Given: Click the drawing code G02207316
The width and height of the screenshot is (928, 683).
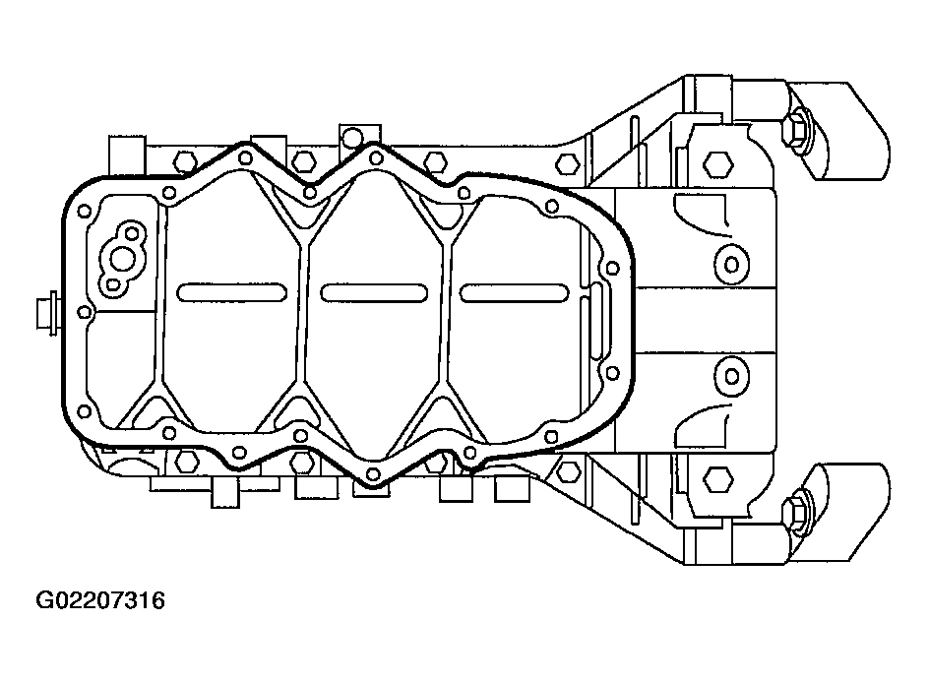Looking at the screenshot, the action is (100, 600).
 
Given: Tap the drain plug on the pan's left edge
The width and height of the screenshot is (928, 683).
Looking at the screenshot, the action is (47, 312).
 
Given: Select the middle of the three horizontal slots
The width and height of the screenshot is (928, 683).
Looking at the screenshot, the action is (373, 292).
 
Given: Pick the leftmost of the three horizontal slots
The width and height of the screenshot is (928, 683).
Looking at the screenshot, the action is (232, 292).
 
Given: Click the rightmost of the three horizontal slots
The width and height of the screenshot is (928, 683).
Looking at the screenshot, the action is (514, 292).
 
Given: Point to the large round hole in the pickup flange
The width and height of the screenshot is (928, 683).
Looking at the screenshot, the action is (123, 259).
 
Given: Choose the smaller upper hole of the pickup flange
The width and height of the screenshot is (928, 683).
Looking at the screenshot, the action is (132, 232).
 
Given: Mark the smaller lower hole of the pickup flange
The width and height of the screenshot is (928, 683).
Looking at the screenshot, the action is (112, 285).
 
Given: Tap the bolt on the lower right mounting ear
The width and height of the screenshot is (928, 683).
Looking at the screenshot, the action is (794, 509).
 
